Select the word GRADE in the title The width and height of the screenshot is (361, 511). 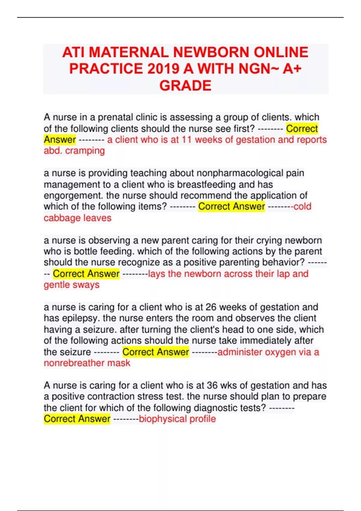pos(185,86)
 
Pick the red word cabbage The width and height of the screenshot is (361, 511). pos(62,218)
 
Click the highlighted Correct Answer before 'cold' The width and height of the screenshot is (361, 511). pos(231,207)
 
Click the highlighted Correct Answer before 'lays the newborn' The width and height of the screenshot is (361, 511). pos(86,274)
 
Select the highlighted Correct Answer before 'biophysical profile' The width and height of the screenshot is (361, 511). pos(77,419)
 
